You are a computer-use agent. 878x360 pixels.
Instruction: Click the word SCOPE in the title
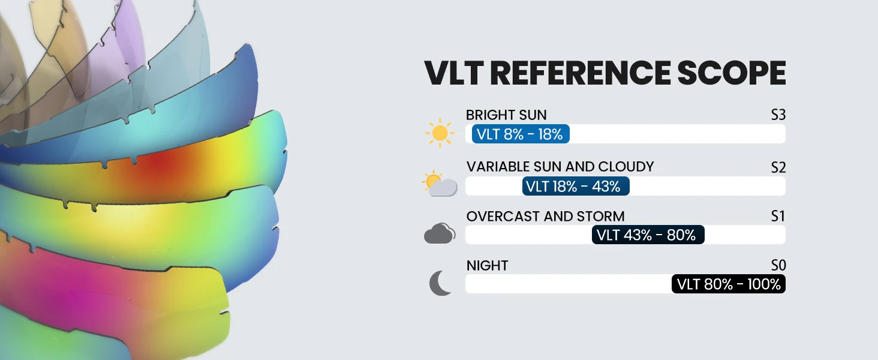732,73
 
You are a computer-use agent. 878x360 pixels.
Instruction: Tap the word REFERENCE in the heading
580,73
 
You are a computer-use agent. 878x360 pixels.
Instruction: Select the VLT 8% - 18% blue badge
521,134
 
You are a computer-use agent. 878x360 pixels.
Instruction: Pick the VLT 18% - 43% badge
576,186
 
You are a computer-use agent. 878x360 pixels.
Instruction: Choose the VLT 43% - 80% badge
648,235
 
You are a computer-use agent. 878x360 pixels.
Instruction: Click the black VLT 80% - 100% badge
728,284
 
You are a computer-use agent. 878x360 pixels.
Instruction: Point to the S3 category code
778,115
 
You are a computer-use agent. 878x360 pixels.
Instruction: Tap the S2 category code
778,167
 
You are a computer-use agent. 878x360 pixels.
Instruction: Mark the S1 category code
778,216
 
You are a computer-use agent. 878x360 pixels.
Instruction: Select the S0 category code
778,265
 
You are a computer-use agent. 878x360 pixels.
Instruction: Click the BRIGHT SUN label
506,115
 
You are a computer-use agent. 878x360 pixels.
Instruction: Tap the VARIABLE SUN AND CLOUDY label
560,167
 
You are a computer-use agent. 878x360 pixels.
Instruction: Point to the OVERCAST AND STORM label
545,216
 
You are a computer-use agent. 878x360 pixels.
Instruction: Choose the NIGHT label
487,265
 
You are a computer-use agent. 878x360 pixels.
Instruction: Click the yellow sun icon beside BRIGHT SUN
440,133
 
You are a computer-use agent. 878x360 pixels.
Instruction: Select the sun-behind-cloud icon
440,184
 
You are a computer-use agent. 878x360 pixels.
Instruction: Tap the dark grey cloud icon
440,233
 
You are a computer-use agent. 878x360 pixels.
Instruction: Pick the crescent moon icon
440,283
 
